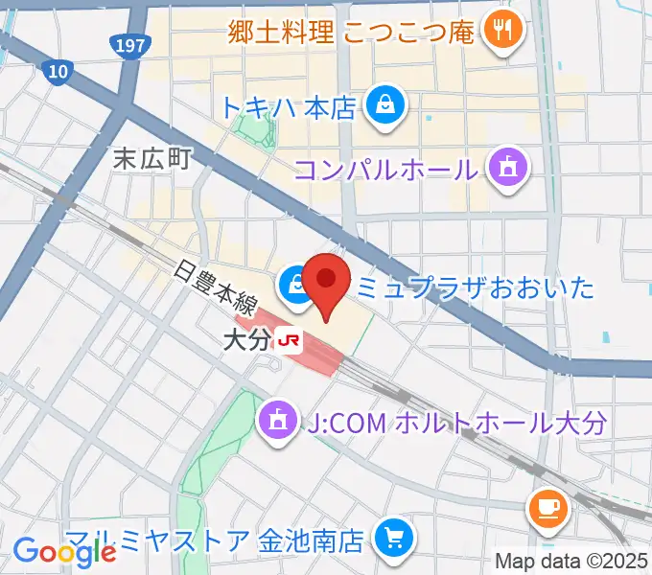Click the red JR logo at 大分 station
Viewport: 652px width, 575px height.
point(289,339)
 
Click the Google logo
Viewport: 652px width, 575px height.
point(64,551)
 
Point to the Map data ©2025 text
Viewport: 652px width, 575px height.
point(570,561)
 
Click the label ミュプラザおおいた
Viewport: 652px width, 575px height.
point(476,285)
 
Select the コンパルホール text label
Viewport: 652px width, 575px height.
point(385,170)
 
